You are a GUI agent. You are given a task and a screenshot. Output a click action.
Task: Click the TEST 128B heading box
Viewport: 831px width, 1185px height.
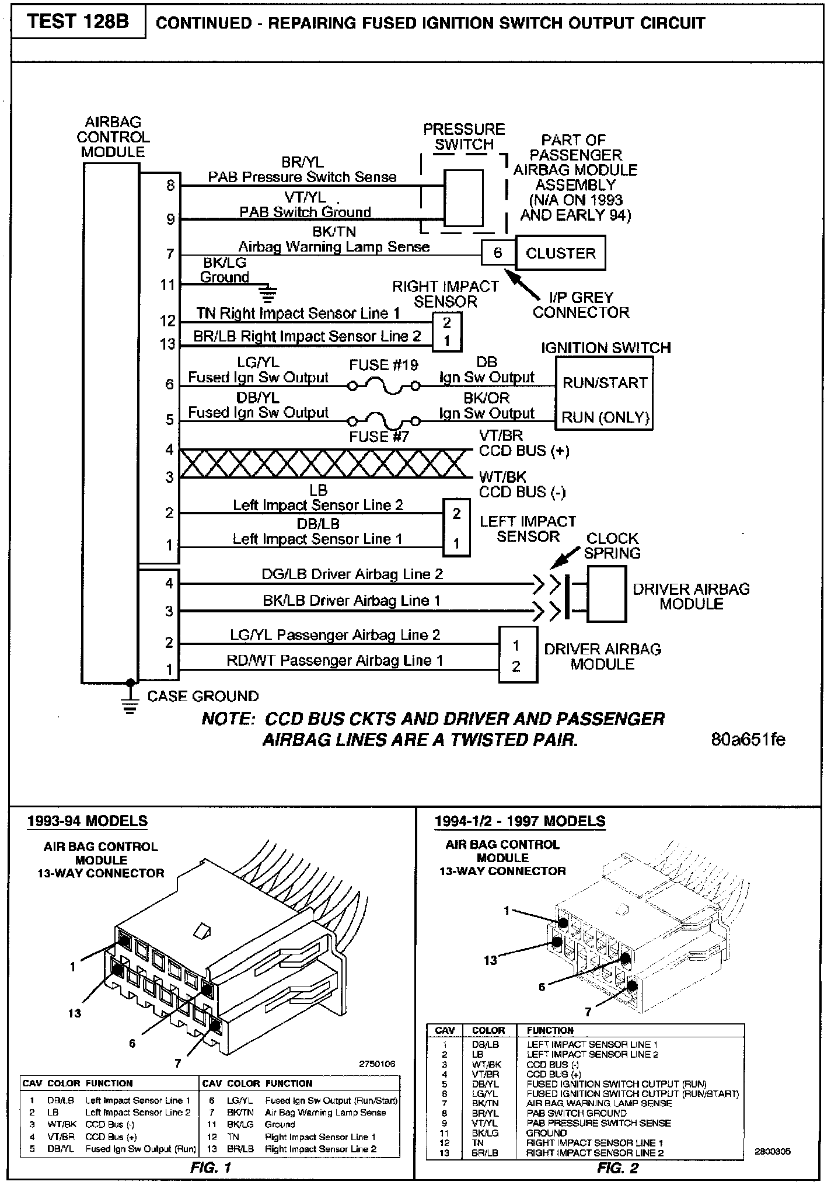(x=78, y=22)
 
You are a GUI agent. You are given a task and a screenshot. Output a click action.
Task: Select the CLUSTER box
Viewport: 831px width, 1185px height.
(x=560, y=253)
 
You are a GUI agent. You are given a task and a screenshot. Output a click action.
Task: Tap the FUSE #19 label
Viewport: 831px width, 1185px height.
(x=383, y=365)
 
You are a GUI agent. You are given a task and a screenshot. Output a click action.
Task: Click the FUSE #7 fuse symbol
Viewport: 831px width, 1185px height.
(x=383, y=420)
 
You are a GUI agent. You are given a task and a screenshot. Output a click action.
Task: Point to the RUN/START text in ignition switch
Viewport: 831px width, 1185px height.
(x=605, y=383)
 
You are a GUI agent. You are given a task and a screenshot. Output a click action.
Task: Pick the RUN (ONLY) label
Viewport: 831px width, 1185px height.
(x=605, y=417)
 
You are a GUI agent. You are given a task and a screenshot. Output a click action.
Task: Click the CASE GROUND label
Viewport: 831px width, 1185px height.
(x=202, y=696)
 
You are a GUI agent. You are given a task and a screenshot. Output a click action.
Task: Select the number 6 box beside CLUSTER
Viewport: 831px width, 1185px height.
(x=498, y=253)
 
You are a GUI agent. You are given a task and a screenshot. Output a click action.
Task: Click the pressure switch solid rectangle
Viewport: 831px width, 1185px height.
(x=463, y=197)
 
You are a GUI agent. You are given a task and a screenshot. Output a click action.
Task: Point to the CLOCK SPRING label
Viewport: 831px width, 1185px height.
(x=612, y=545)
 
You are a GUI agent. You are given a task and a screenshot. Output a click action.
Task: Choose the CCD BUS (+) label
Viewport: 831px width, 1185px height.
(x=523, y=451)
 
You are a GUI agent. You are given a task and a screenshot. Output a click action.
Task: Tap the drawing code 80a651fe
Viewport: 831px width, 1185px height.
(x=748, y=740)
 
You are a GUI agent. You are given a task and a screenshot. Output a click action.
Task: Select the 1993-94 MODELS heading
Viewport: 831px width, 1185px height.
(x=88, y=821)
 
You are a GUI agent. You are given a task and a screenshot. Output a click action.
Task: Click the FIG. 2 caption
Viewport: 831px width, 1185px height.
(x=617, y=1167)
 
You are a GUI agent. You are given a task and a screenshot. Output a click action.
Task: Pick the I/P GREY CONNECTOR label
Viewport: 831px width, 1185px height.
(x=581, y=305)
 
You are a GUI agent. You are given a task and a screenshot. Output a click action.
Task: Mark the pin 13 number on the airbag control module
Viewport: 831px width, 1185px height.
(x=167, y=344)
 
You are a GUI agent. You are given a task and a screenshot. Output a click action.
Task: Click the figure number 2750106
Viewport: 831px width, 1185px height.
(x=377, y=1064)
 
